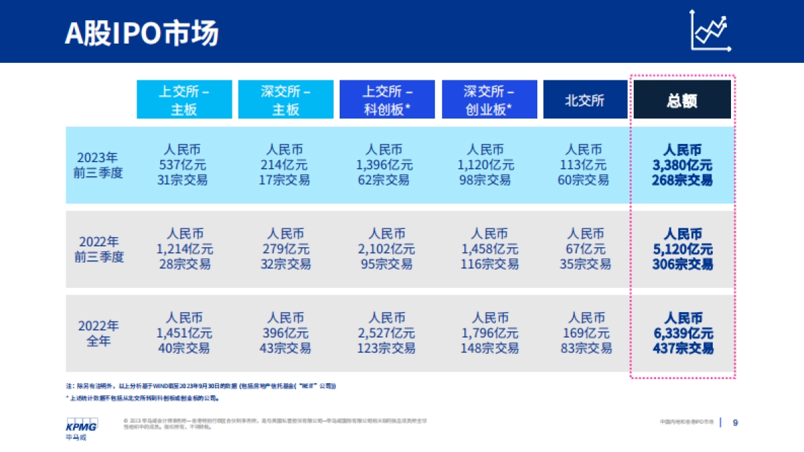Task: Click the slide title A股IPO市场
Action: click(x=141, y=33)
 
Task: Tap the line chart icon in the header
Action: click(x=711, y=31)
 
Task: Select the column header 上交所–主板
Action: click(x=184, y=100)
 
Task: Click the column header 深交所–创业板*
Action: click(x=488, y=100)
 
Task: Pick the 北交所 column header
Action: click(x=585, y=100)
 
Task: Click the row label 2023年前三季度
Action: click(x=100, y=165)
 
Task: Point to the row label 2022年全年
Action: click(x=98, y=333)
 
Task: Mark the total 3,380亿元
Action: click(x=682, y=165)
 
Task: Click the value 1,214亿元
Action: click(x=185, y=249)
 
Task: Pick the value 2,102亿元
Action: click(x=387, y=249)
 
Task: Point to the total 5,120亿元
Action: click(x=683, y=249)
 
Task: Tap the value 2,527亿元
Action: click(x=387, y=333)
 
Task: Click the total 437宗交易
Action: click(x=683, y=348)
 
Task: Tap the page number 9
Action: click(x=736, y=423)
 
